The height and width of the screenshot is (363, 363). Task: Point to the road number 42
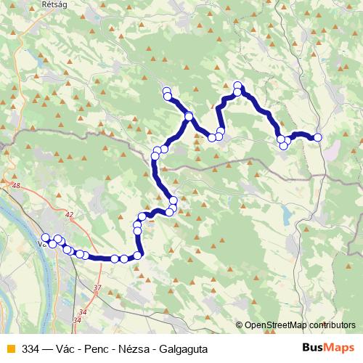pyautogui.click(x=69, y=215)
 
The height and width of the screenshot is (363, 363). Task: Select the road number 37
pyautogui.click(x=97, y=288)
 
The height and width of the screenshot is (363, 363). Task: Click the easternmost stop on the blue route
pyautogui.click(x=317, y=137)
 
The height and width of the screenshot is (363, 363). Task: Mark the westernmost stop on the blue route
pyautogui.click(x=46, y=237)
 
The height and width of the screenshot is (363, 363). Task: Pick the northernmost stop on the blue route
pyautogui.click(x=237, y=86)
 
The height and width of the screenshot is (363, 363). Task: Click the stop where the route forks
pyautogui.click(x=189, y=117)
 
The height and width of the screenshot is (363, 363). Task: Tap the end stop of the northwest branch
pyautogui.click(x=167, y=91)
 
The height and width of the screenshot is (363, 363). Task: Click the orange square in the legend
pyautogui.click(x=9, y=348)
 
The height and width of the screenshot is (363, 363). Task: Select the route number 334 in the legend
pyautogui.click(x=31, y=348)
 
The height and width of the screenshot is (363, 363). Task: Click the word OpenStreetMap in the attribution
pyautogui.click(x=277, y=325)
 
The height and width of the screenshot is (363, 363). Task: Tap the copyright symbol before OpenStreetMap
pyautogui.click(x=240, y=325)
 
